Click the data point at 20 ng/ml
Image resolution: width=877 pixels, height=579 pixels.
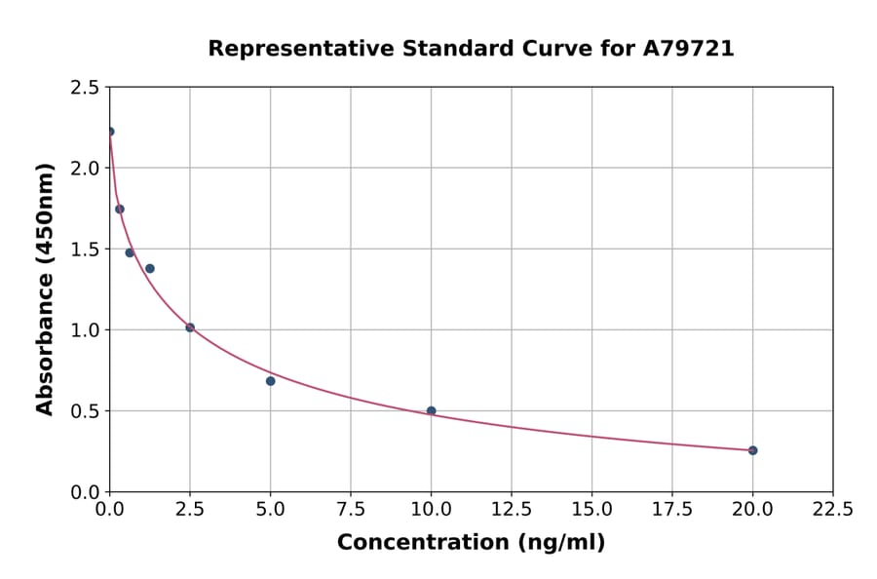click(752, 450)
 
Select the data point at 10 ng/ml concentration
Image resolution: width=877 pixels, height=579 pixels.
click(431, 411)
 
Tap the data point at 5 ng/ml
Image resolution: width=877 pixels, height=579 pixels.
click(270, 381)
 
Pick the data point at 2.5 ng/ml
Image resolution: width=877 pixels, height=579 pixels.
click(190, 328)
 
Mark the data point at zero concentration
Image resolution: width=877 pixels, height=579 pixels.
click(110, 132)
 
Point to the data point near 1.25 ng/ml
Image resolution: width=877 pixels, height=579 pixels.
click(150, 269)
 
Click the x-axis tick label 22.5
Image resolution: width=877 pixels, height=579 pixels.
click(832, 510)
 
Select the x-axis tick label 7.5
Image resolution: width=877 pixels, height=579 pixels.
click(351, 510)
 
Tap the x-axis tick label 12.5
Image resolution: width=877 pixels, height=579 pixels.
click(511, 510)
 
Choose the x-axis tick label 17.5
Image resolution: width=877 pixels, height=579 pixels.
click(671, 510)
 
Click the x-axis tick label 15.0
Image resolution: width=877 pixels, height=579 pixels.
click(591, 510)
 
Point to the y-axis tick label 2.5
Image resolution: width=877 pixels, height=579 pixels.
click(85, 88)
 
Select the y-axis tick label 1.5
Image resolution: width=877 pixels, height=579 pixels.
click(85, 250)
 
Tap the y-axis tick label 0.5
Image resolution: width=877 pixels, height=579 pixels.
click(85, 411)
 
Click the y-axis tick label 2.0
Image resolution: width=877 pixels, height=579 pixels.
click(85, 169)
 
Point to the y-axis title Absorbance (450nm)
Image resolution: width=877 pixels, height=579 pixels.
click(45, 289)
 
